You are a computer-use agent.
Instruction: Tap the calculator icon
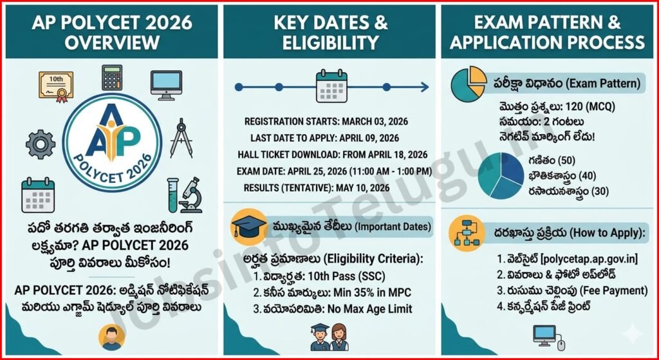(112, 77)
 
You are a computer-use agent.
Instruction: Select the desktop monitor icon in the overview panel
(166, 85)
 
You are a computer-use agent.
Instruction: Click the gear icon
(41, 145)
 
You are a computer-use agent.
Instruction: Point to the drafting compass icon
(181, 138)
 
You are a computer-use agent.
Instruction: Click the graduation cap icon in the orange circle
(249, 227)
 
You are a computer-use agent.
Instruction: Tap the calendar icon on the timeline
(331, 87)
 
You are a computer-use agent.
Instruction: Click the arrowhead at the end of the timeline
(425, 87)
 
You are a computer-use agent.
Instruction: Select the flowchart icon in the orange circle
(467, 232)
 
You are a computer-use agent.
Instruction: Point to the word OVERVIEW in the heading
(112, 43)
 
